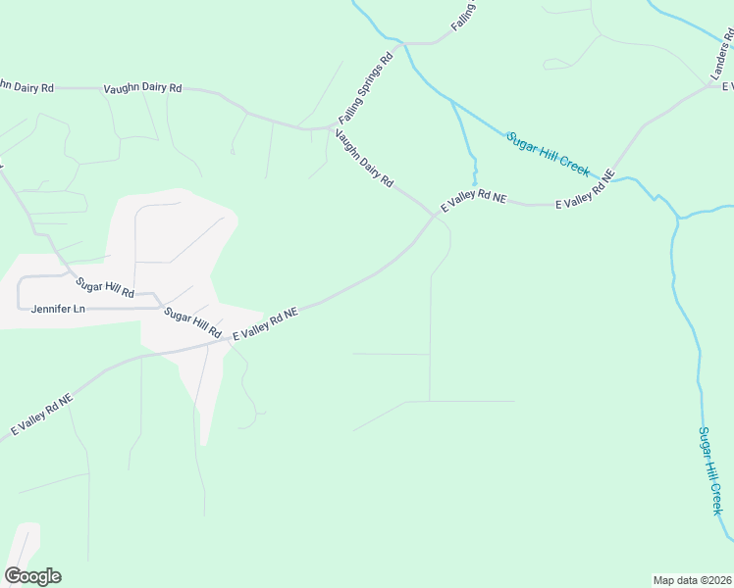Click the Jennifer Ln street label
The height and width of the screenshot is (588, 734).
(x=59, y=309)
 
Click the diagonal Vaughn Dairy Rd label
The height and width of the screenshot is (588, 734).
(x=364, y=159)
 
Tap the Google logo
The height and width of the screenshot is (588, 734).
(x=32, y=576)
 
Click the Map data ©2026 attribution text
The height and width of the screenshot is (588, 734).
(x=693, y=579)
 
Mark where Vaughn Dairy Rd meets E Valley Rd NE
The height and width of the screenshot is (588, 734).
(x=434, y=215)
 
